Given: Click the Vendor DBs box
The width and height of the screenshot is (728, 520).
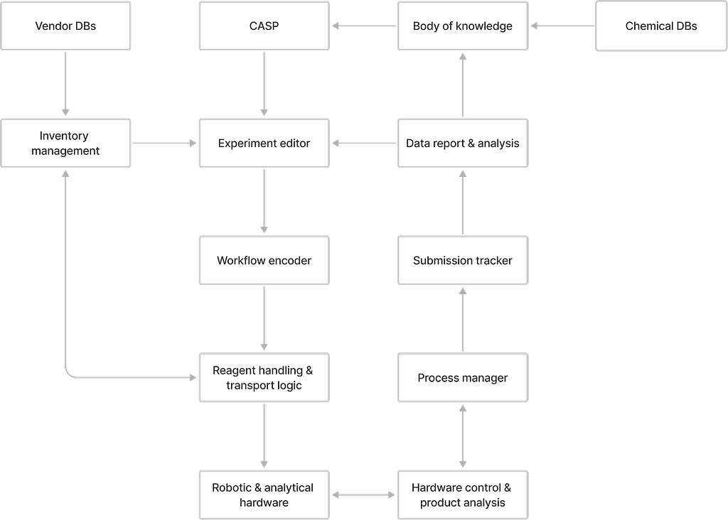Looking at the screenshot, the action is click(x=65, y=26).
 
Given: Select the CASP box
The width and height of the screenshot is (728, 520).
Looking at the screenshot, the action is click(x=264, y=26).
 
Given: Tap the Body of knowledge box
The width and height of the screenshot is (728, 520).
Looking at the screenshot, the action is click(x=463, y=26).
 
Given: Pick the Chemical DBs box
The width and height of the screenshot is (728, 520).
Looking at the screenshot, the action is click(x=661, y=26).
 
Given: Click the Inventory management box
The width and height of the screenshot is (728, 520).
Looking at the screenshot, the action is click(x=65, y=143).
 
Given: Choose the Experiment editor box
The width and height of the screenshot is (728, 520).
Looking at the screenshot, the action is click(x=264, y=143).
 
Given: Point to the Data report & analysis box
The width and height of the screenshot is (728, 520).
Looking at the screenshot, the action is click(x=463, y=143).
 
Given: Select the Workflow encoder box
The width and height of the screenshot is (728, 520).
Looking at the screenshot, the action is click(x=264, y=260).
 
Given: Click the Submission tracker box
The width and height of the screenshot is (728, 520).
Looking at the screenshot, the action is click(x=463, y=260).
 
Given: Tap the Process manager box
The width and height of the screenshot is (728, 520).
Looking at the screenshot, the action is click(x=463, y=378).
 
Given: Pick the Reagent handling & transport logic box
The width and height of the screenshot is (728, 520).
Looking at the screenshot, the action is click(x=264, y=378).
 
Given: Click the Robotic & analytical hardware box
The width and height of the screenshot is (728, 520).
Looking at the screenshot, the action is click(x=264, y=495).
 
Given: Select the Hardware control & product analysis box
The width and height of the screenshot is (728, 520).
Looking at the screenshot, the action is click(x=463, y=495).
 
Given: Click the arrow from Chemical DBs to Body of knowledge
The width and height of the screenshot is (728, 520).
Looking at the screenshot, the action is click(x=562, y=26).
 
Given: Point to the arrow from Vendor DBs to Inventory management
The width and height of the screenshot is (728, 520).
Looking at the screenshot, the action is click(x=65, y=84).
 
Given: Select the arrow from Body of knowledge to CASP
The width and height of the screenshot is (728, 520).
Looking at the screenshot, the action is click(x=364, y=26).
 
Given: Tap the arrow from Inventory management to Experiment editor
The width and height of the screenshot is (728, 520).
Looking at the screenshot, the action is click(x=164, y=143).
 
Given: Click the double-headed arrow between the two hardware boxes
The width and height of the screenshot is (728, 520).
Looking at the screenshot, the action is click(x=363, y=495).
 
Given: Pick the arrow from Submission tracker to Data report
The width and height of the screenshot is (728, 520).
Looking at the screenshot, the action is click(x=463, y=202).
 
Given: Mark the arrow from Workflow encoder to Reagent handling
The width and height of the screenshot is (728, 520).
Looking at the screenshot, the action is click(x=264, y=318).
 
